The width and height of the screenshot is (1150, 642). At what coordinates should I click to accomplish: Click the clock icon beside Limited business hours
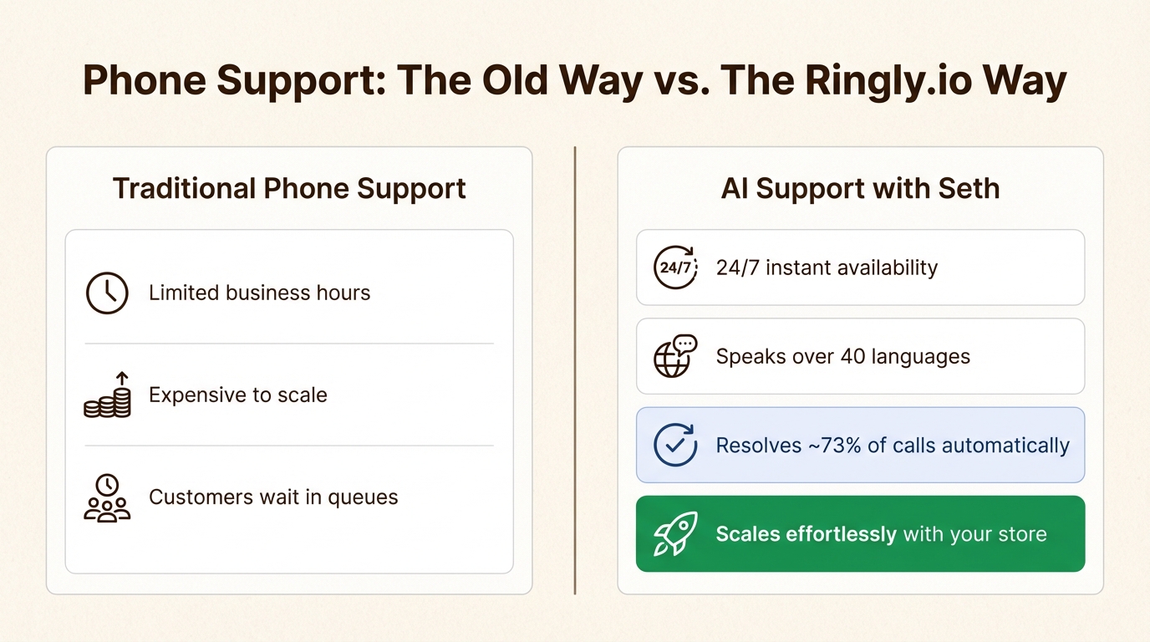[x=107, y=293]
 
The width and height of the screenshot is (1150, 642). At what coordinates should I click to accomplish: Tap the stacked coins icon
[x=108, y=396]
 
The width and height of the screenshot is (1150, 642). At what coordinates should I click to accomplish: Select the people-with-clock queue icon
[x=107, y=498]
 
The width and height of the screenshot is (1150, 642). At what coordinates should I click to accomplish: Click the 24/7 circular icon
[x=675, y=267]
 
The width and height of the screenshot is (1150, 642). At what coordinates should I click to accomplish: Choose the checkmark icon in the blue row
[x=675, y=446]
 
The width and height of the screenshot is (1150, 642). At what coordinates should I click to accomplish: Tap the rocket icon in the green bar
[x=675, y=534]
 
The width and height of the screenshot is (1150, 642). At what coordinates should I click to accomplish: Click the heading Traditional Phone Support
[x=289, y=188]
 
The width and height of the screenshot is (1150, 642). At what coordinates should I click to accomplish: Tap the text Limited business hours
[x=259, y=293]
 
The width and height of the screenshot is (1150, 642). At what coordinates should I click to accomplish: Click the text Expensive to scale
[x=238, y=395]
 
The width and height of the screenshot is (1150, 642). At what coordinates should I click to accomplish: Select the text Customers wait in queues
[x=273, y=497]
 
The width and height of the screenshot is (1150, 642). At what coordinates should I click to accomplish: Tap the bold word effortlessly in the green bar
[x=842, y=534]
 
